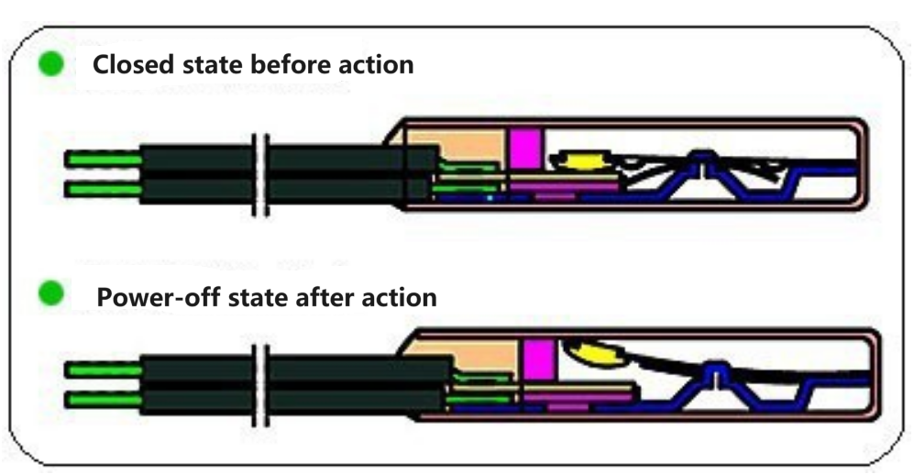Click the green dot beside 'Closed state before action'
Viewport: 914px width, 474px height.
click(51, 64)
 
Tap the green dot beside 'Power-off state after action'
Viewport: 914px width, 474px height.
click(51, 295)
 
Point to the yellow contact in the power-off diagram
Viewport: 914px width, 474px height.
click(594, 352)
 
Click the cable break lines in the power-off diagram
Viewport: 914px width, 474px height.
click(260, 385)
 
